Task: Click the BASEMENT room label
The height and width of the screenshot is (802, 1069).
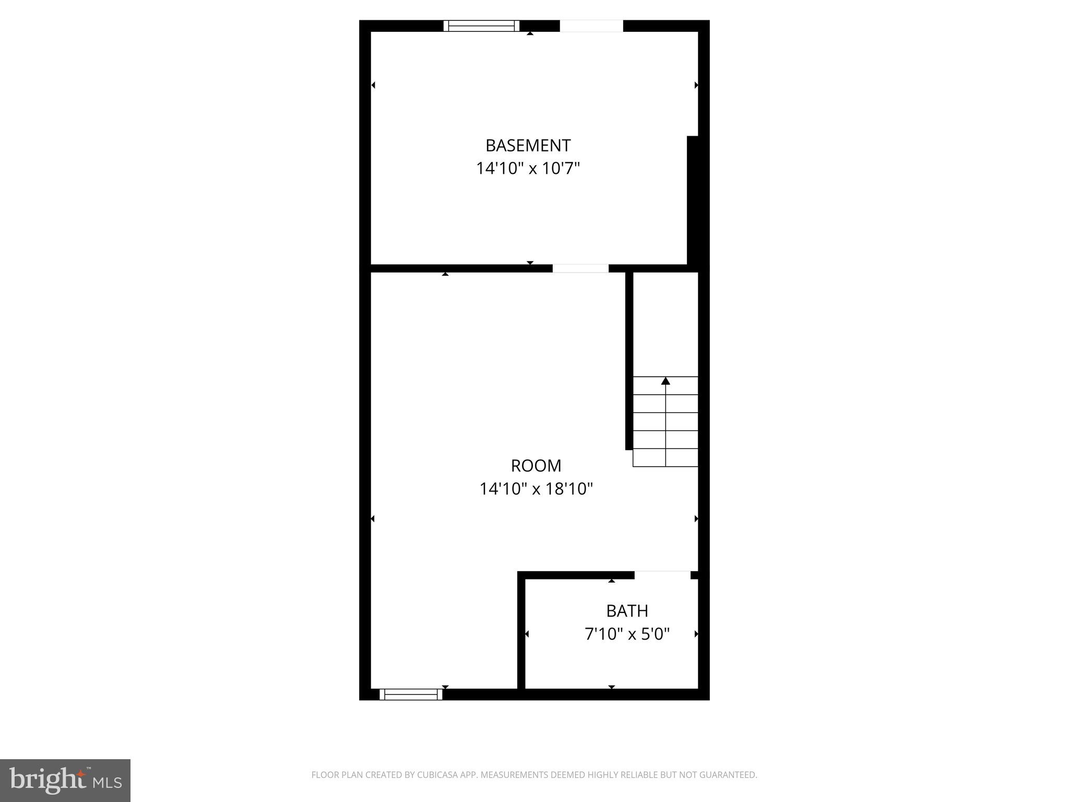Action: (528, 145)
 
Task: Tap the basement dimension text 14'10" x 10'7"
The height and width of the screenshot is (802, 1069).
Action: (528, 169)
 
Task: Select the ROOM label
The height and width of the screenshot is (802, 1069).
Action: (536, 465)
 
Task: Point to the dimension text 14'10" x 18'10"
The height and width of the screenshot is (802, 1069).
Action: (536, 489)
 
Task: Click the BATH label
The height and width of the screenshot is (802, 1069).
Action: (627, 610)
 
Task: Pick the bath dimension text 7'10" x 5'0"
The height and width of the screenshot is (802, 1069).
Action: (627, 634)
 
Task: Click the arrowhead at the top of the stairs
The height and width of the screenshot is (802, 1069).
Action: (666, 381)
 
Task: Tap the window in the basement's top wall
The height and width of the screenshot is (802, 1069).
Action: (481, 26)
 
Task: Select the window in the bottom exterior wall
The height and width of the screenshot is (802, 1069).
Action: (411, 694)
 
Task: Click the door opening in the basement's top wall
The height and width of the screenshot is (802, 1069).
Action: (591, 26)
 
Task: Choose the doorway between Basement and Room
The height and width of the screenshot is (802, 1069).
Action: (580, 268)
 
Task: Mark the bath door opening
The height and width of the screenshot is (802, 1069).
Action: (662, 575)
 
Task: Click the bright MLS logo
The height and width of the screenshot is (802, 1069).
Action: (65, 780)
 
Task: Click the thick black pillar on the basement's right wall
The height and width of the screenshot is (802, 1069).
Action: (693, 201)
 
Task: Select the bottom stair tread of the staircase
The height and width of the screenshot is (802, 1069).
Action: (666, 457)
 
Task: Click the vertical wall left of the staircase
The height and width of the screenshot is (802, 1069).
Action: (629, 360)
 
